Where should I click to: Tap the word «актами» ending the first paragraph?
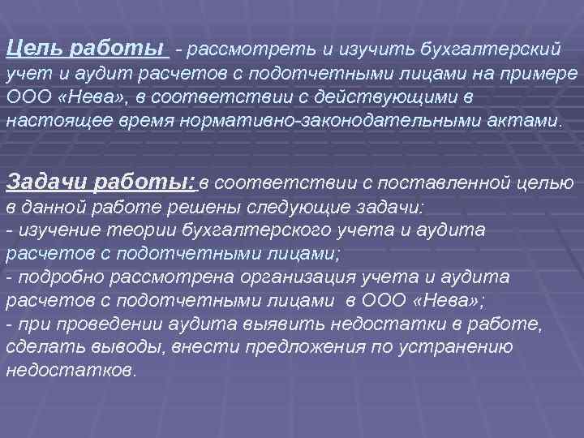coord(527,122)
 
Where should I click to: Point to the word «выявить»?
coord(235,324)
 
